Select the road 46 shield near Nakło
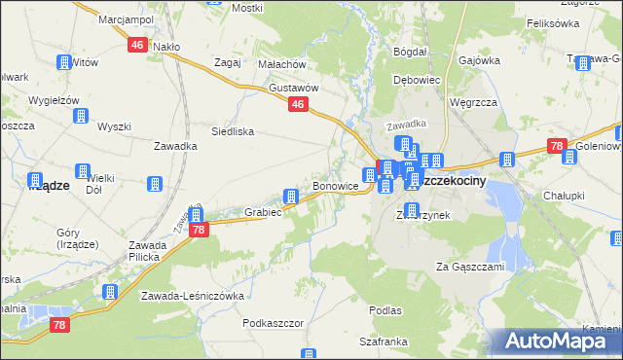(x=137, y=45)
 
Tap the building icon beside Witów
(x=63, y=62)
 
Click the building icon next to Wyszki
(x=81, y=117)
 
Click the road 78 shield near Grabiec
(x=198, y=230)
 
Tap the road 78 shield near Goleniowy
(x=556, y=147)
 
